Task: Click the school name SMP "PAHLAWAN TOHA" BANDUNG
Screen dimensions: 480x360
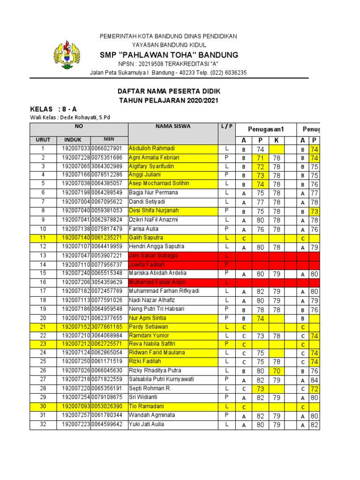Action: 169,55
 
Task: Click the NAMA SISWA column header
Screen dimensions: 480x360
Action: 172,126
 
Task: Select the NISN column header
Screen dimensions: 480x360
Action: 109,139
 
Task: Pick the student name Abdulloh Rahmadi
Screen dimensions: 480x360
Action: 151,149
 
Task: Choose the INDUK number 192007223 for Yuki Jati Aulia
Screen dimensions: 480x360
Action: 74,425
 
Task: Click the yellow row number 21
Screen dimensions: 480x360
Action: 43,327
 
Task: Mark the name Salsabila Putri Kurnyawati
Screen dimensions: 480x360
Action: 161,380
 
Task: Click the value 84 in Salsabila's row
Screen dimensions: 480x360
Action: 314,380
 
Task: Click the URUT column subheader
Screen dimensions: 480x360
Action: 43,139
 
